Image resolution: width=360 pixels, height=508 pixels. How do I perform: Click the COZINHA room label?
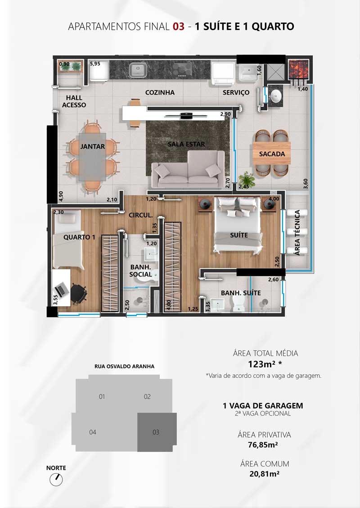click(x=160, y=93)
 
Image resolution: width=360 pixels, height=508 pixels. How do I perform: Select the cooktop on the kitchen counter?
click(x=182, y=69)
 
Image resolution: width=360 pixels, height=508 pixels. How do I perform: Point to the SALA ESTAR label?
click(x=186, y=144)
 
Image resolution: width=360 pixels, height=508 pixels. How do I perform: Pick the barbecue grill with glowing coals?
click(x=297, y=69)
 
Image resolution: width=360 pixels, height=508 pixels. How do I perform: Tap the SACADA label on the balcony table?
click(x=272, y=154)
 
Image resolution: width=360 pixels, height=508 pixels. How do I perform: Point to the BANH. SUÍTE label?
click(x=241, y=293)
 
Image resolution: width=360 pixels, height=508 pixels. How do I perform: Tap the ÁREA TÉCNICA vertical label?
click(x=297, y=232)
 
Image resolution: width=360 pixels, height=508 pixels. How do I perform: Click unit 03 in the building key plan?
click(x=157, y=432)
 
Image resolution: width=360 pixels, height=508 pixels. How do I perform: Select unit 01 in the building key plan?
click(x=102, y=397)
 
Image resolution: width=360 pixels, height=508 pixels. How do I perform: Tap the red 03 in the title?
click(x=178, y=26)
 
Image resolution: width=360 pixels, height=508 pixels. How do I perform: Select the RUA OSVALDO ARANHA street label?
click(x=124, y=367)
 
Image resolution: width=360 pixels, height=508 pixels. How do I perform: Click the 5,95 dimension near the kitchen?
click(x=95, y=64)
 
